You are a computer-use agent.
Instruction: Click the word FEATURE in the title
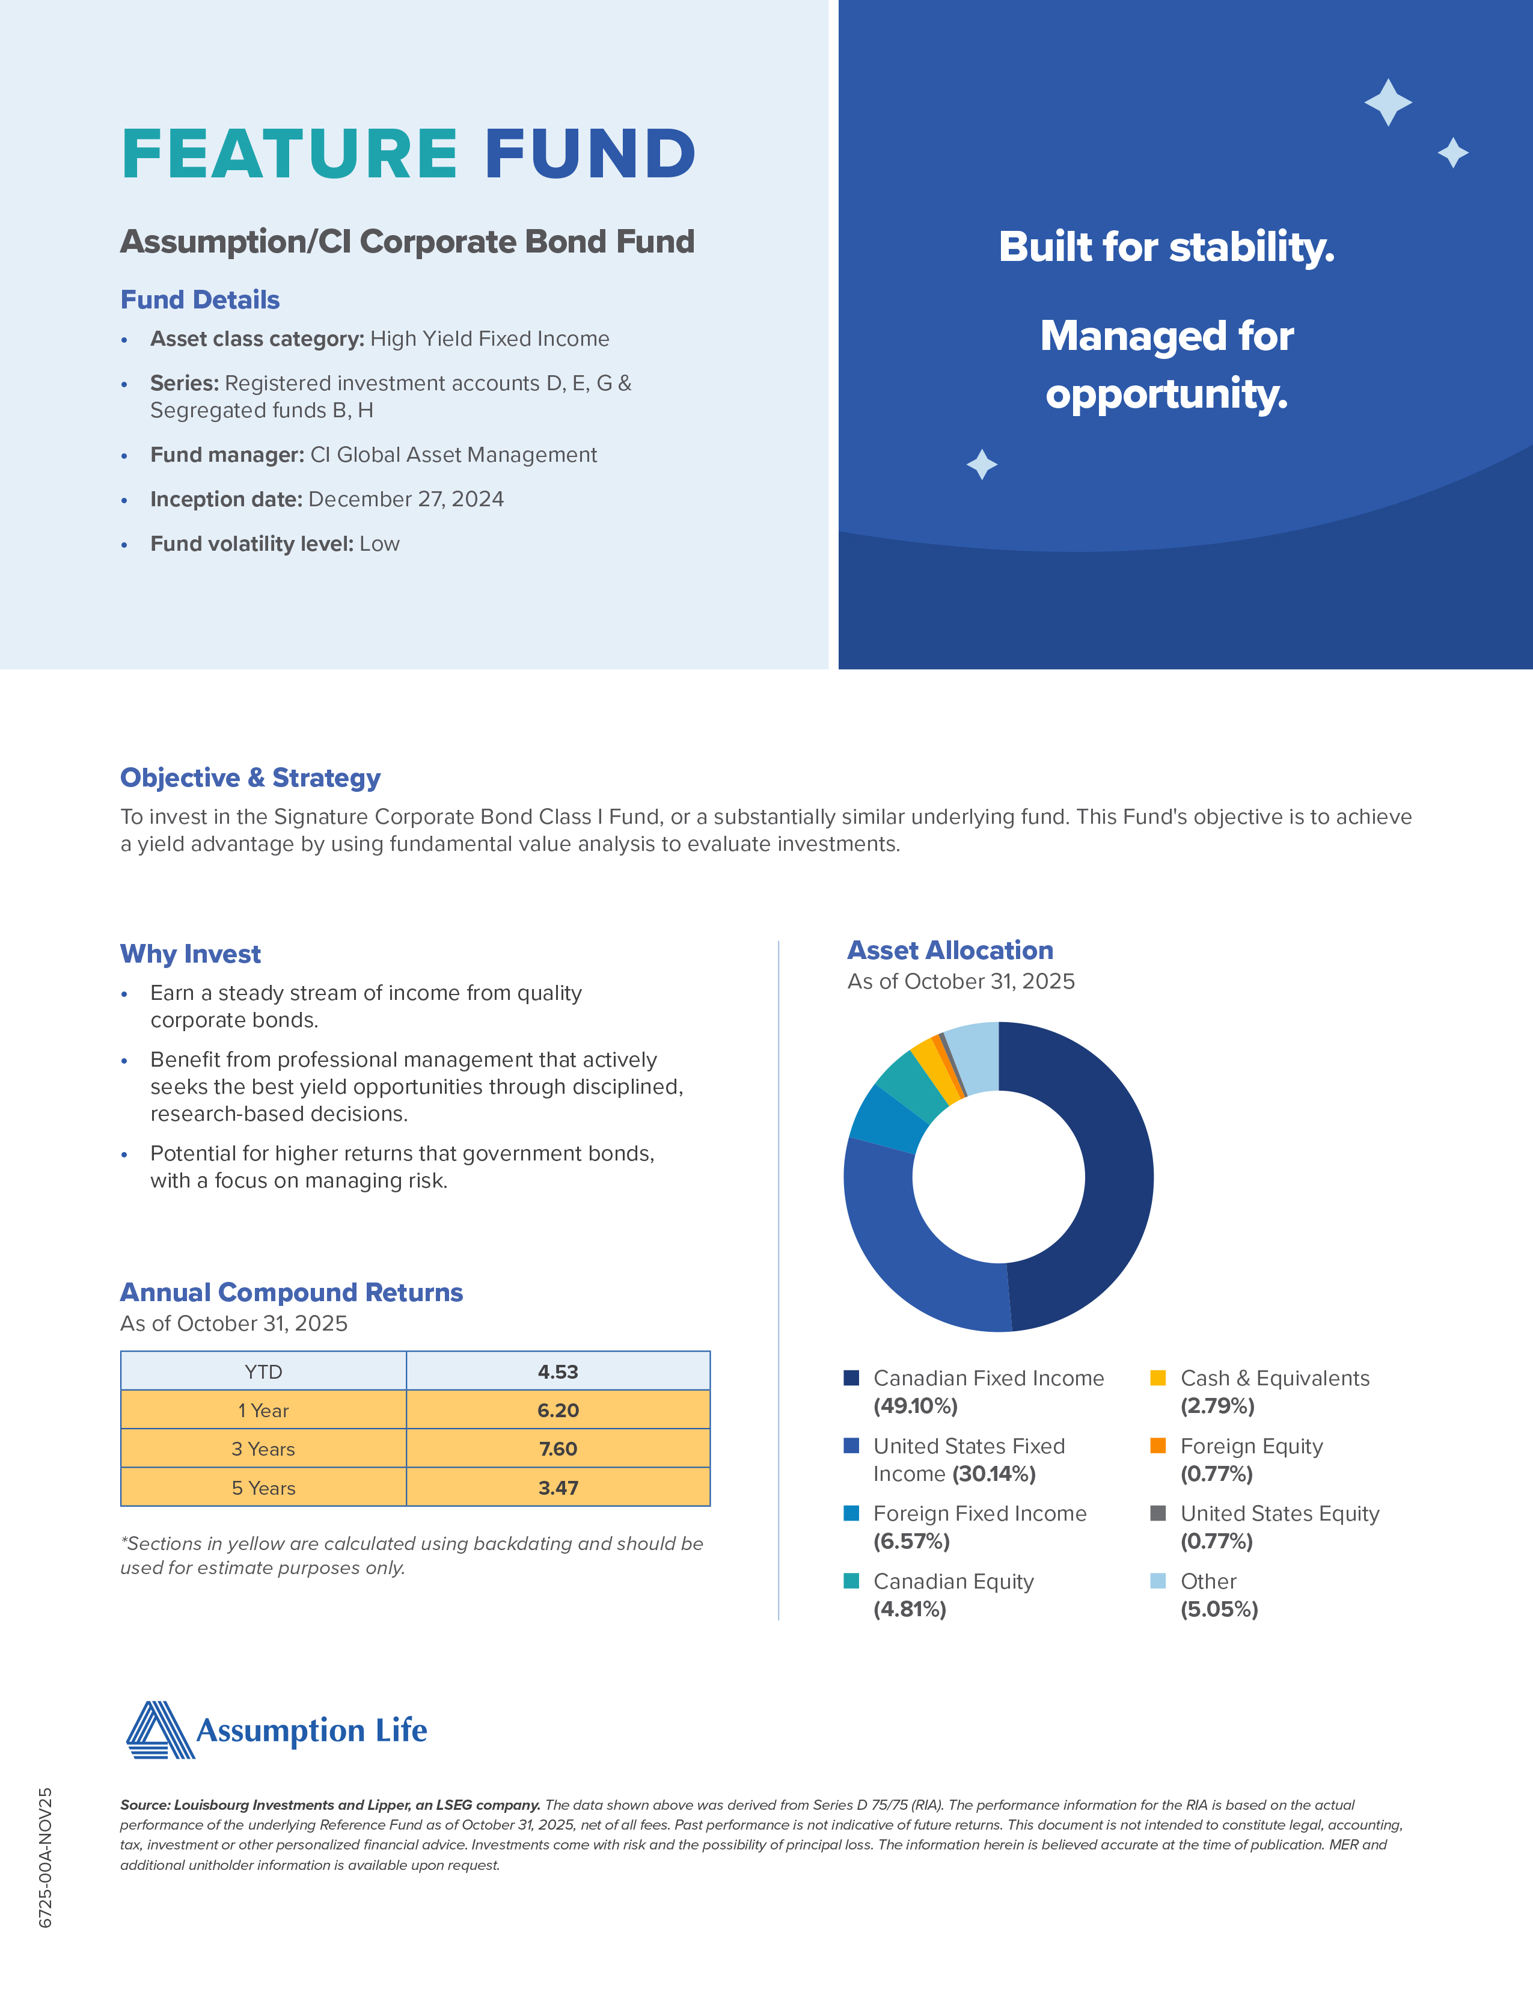pos(289,153)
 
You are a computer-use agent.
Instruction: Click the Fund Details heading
pos(200,300)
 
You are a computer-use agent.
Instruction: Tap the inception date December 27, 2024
pos(405,499)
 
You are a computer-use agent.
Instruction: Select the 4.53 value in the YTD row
pos(557,1371)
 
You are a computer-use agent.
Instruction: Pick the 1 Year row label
pos(263,1410)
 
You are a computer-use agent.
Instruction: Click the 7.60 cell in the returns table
pos(557,1448)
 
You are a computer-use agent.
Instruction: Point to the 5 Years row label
pos(263,1488)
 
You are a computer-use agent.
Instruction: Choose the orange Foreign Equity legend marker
pos(1158,1445)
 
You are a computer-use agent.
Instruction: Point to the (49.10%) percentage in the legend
pos(915,1406)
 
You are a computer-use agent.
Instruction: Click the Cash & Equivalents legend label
pos(1274,1378)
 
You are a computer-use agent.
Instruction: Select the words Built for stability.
pos(1166,247)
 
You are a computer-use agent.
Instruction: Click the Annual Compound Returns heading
pos(291,1293)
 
